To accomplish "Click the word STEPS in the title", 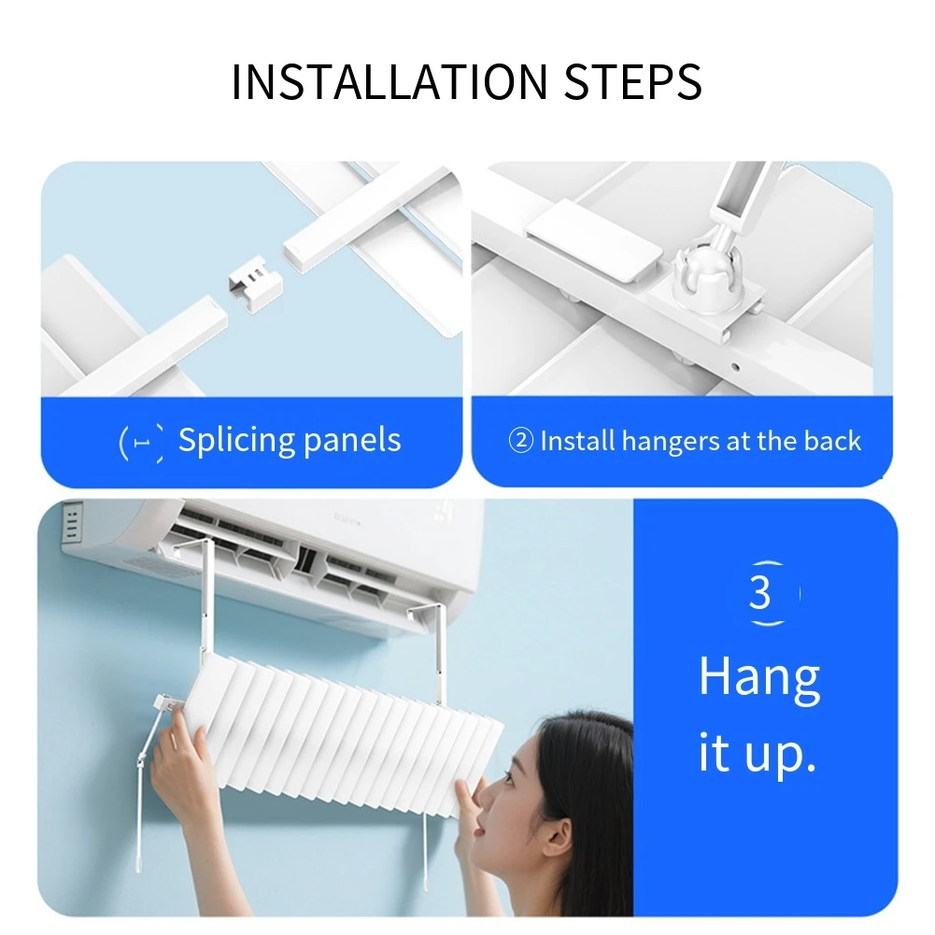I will (x=633, y=82).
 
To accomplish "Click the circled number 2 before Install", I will (x=520, y=441).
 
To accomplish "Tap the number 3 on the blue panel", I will (x=760, y=591).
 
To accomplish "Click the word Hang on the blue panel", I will (x=759, y=677).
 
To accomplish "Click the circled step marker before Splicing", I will (x=141, y=441).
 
